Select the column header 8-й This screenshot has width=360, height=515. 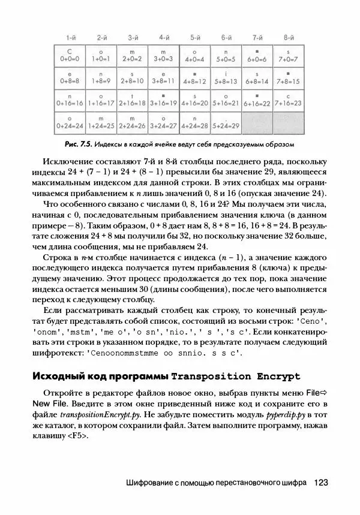[x=289, y=37]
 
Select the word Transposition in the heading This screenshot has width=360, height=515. [x=212, y=377]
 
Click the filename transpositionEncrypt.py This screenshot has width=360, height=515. [x=108, y=415]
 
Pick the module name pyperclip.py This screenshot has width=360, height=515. [x=273, y=415]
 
